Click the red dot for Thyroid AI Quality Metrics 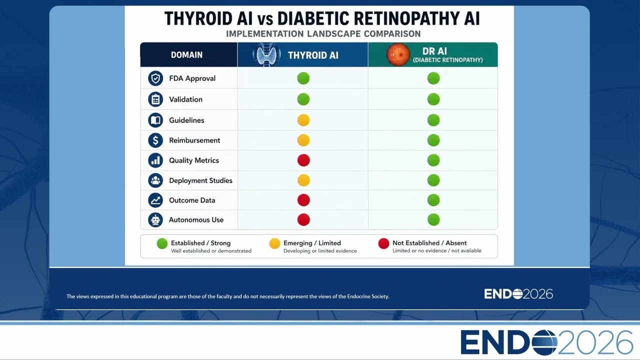tap(303, 160)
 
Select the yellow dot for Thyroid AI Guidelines tap(303, 120)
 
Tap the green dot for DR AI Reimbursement tap(433, 140)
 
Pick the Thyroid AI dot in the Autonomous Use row tap(303, 219)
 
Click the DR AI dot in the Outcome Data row tap(433, 200)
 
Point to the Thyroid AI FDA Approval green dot tap(303, 78)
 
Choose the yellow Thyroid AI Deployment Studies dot tap(303, 180)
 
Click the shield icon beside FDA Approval tap(155, 78)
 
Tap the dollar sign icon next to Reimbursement tap(155, 140)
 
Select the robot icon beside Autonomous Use tap(155, 219)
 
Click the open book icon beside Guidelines tap(155, 120)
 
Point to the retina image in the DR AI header tap(398, 54)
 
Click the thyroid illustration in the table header tap(266, 54)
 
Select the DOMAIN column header tap(186, 55)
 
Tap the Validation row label tap(185, 99)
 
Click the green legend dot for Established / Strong tap(162, 243)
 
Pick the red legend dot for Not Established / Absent tap(383, 243)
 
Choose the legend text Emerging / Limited tap(312, 243)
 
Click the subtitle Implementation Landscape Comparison tap(323, 33)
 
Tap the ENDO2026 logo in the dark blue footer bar tap(518, 294)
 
